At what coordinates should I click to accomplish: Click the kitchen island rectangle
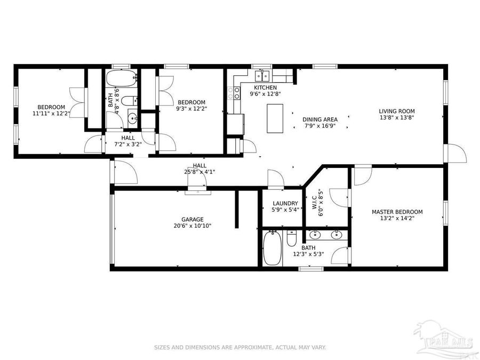(x=275, y=118)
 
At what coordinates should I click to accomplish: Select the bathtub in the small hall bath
(x=114, y=81)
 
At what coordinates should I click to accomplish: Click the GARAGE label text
(x=192, y=219)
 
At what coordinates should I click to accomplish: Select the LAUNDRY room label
(x=285, y=203)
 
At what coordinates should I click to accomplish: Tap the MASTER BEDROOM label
(x=397, y=212)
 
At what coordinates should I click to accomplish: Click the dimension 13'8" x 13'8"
(x=397, y=118)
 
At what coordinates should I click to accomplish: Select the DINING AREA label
(x=319, y=119)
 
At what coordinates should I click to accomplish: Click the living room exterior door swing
(x=457, y=154)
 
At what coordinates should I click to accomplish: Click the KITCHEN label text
(x=265, y=87)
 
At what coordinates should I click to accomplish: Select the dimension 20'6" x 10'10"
(x=192, y=226)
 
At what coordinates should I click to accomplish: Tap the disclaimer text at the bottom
(x=240, y=347)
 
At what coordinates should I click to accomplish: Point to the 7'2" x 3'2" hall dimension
(x=127, y=143)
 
